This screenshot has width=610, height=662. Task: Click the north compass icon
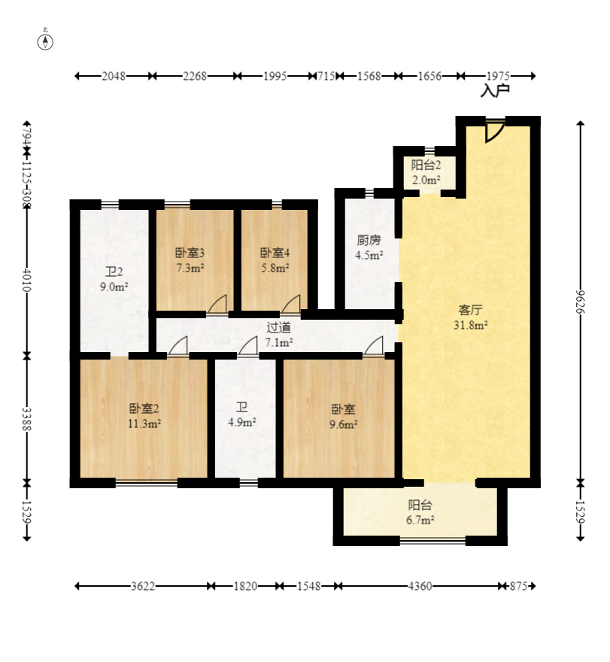45,41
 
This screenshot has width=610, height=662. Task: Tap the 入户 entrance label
495,91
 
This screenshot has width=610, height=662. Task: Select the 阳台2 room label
426,165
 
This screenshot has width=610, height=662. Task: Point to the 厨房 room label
369,240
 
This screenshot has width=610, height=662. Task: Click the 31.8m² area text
471,325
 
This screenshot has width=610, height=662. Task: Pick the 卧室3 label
190,253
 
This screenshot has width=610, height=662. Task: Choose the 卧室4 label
275,253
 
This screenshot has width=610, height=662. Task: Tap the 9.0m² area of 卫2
114,287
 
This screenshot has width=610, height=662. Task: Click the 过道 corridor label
278,327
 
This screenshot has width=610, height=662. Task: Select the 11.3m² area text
144,424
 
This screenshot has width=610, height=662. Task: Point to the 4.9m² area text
242,422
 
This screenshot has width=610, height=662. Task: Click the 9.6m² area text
344,424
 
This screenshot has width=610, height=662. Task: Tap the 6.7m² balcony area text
420,520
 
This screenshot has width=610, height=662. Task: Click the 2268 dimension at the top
195,76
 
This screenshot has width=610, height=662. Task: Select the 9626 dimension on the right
581,302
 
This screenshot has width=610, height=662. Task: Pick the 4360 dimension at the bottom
420,586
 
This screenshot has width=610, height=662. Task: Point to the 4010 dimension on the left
26,280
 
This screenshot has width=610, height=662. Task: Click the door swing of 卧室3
217,305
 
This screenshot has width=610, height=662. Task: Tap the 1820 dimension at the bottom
245,586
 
